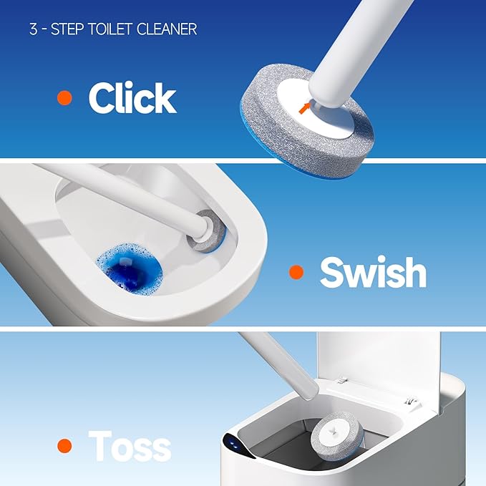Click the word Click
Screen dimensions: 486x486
pos(132,99)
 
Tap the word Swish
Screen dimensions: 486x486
pos(373,272)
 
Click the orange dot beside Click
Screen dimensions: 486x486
pos(65,98)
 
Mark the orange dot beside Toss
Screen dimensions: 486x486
pos(65,446)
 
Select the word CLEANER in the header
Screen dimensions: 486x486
pos(170,29)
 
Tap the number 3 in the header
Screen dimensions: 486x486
pos(34,29)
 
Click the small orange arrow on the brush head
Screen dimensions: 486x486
pos(306,108)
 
